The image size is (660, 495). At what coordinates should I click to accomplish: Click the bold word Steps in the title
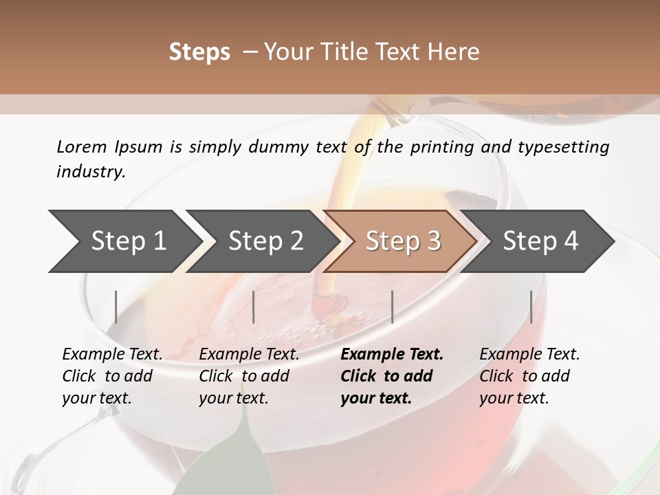point(199,52)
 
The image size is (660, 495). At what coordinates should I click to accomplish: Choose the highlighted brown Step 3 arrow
point(403,241)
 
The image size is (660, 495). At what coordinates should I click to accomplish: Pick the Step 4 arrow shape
point(540,241)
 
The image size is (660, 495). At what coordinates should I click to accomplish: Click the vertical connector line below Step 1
point(116,307)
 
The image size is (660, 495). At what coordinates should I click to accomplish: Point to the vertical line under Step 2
point(254,307)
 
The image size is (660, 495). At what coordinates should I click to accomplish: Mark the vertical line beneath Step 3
point(392,307)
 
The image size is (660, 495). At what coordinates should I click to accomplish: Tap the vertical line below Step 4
point(531,307)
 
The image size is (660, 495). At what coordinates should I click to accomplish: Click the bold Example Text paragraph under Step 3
point(392,376)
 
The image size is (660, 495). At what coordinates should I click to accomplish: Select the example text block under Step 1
point(112,376)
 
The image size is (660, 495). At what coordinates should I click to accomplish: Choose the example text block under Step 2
point(249,376)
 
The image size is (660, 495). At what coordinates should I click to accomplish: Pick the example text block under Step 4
point(529,376)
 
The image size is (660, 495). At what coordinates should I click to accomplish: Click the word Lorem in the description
point(82,147)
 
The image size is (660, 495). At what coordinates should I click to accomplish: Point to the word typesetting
point(569,147)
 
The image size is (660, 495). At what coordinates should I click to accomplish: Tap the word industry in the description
point(91,172)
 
